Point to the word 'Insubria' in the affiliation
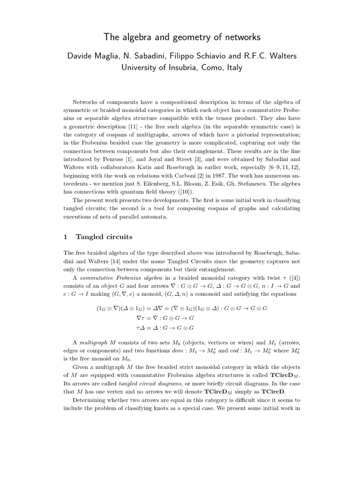[x=170, y=67]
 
